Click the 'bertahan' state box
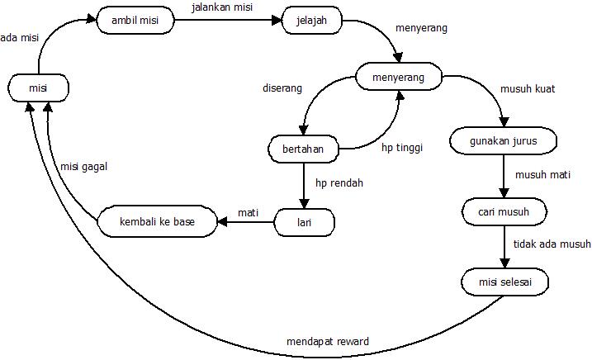[x=303, y=149]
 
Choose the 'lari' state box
[x=304, y=221]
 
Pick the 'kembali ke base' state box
[x=157, y=221]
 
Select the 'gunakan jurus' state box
[x=504, y=140]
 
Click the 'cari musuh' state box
[x=504, y=211]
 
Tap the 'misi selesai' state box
[x=504, y=282]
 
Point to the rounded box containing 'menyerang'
[x=399, y=78]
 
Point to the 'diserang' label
[x=282, y=88]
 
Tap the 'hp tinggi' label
[x=401, y=149]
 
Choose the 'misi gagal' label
[x=84, y=166]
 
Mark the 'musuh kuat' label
[x=528, y=88]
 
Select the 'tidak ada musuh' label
[x=552, y=244]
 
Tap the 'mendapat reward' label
[x=327, y=342]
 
